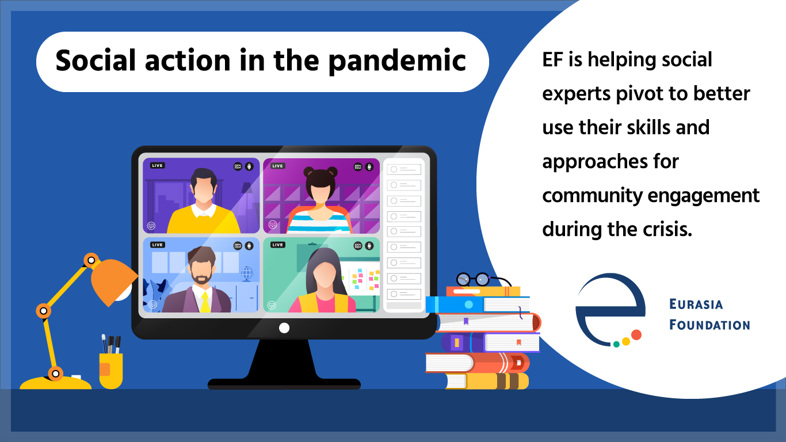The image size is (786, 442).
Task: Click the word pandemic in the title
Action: tap(397, 62)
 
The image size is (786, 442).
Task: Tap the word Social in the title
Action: tap(96, 60)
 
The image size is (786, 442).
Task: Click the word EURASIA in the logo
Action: tap(696, 304)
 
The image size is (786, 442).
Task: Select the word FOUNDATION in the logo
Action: tap(709, 325)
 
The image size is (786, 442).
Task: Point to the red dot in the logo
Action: tap(636, 334)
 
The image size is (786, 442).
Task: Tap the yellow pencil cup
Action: tap(111, 371)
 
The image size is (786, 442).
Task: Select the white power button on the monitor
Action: tap(284, 328)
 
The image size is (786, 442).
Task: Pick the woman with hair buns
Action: tap(320, 200)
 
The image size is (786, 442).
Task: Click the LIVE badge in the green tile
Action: tap(277, 245)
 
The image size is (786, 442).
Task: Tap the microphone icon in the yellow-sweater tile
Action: tap(249, 166)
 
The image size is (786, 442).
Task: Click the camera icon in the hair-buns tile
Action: tap(358, 167)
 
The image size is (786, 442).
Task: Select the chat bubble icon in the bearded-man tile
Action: tap(152, 304)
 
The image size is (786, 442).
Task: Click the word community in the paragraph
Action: tap(592, 196)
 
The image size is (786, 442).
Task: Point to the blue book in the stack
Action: tap(477, 304)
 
